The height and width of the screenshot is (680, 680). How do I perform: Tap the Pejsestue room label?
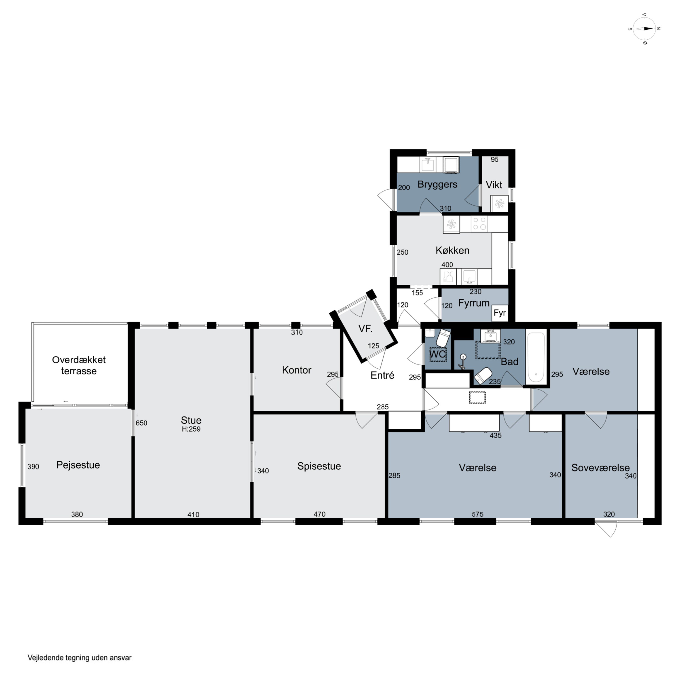click(78, 465)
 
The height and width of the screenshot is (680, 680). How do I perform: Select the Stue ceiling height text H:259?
click(191, 429)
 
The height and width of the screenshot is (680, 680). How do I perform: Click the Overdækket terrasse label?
click(79, 365)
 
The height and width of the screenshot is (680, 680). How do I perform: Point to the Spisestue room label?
click(319, 466)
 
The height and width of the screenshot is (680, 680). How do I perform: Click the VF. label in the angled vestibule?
click(365, 329)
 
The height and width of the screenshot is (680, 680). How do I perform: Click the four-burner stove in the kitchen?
click(479, 224)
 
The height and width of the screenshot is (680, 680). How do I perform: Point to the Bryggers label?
click(437, 185)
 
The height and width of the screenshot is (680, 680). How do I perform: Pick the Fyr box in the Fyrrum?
click(500, 313)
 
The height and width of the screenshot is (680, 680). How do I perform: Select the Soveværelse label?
click(600, 468)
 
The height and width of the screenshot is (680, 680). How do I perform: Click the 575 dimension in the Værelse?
click(477, 514)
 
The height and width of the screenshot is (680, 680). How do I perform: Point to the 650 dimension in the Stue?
click(141, 423)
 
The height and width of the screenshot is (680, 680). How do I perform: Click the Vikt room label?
click(494, 185)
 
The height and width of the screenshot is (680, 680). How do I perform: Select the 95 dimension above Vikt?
click(495, 159)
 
